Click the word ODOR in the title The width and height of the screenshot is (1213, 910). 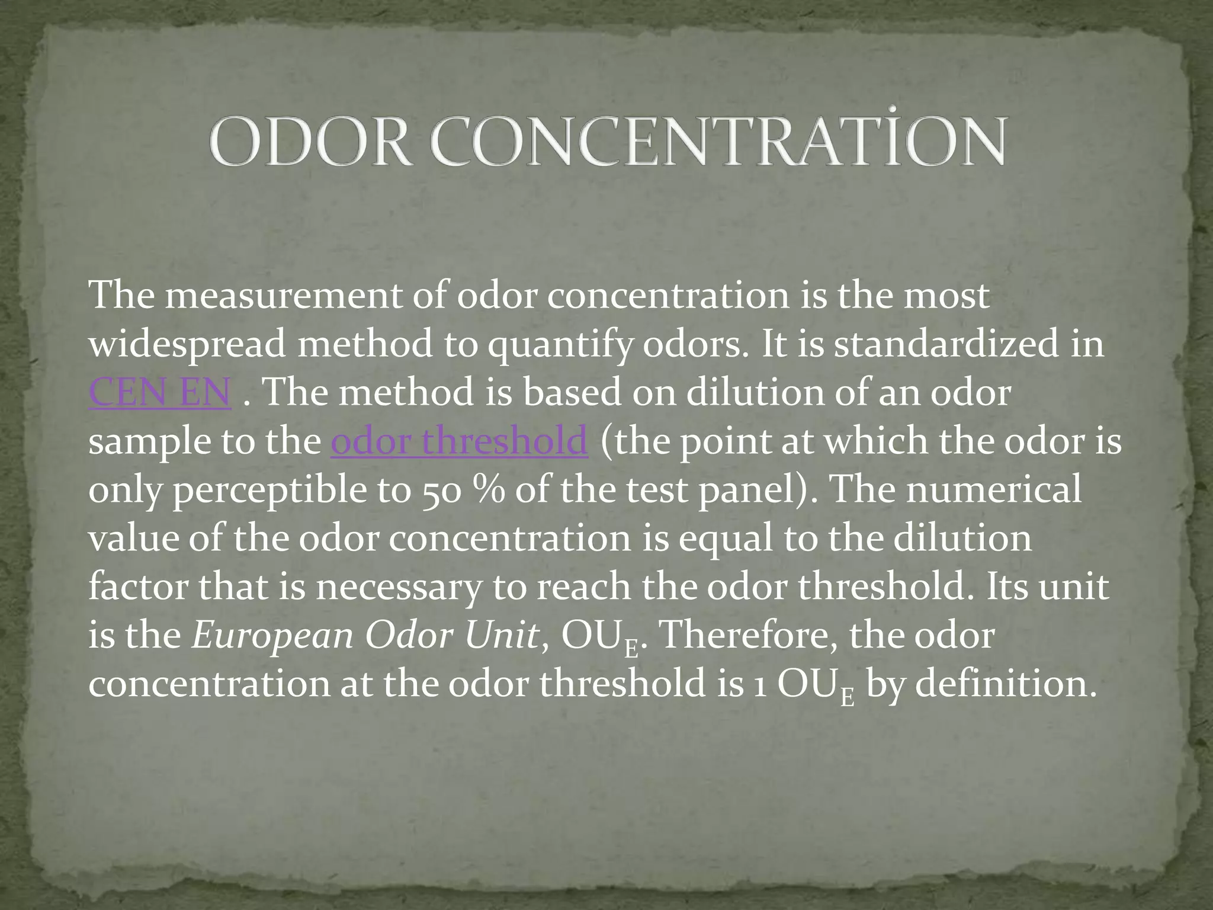[309, 142]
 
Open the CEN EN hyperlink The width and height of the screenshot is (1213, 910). [159, 392]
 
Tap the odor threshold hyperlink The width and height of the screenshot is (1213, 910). [459, 441]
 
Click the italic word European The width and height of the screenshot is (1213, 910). [272, 636]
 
